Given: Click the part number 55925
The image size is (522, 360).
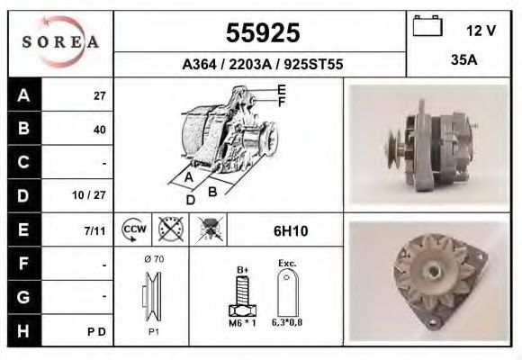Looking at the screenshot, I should [261, 32].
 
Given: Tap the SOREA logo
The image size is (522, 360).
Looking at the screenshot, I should [59, 42].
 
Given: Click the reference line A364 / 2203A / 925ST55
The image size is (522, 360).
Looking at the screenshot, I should [262, 65].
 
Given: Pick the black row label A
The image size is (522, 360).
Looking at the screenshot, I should [22, 95].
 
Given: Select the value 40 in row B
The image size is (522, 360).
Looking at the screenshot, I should [99, 130].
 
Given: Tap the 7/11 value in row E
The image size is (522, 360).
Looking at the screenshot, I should [94, 230].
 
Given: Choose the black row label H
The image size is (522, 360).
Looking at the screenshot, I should [22, 330].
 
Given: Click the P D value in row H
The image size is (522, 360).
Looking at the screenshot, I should [98, 331].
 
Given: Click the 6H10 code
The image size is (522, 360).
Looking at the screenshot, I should [290, 231].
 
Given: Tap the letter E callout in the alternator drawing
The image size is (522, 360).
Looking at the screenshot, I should [282, 89].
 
